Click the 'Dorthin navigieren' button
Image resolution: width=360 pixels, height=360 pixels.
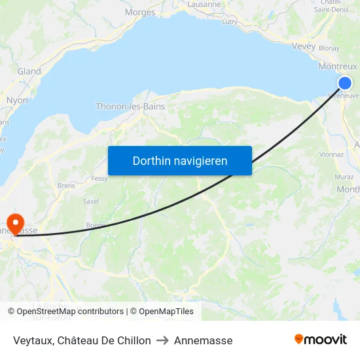pos(179,160)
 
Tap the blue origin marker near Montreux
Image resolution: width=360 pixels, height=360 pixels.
pos(345,82)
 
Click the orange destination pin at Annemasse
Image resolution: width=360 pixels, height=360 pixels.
pos(14,221)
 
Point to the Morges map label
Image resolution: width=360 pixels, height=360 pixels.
pos(140,12)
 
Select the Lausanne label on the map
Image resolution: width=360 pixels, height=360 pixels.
pos(204,4)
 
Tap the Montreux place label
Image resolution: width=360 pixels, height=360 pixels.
pos(337,66)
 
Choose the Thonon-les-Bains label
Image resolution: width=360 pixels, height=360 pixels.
pos(130,106)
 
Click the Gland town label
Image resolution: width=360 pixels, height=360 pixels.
pos(29,71)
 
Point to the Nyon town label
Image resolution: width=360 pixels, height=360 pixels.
pos(17,100)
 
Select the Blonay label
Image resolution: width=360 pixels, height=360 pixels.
pos(329,48)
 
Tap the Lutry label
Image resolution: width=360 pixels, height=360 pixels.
pos(230,22)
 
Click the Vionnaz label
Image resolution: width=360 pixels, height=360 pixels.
pos(331,154)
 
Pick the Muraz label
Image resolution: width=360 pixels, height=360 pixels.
pos(344,177)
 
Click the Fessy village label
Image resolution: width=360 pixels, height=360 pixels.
pos(99,178)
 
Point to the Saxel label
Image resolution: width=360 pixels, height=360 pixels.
pos(91,201)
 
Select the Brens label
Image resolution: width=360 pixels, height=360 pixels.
pos(67,186)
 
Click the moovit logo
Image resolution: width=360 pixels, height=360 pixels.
pos(320,339)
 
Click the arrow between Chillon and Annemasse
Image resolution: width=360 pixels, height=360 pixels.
pos(162,340)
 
